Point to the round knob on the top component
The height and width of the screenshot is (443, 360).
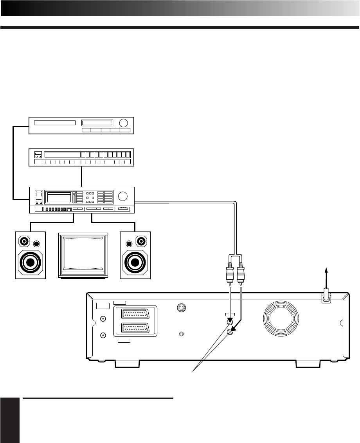coord(124,123)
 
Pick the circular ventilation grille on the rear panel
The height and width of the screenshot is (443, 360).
coord(281,318)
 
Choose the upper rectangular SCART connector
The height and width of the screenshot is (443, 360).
coord(135,314)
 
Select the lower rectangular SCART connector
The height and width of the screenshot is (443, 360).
coord(135,328)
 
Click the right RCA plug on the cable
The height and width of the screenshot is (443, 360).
coord(241,272)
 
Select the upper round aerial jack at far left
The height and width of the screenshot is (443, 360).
coord(103,319)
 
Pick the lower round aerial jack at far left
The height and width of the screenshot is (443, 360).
coord(103,335)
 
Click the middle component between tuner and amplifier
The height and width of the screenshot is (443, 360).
coord(81,157)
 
